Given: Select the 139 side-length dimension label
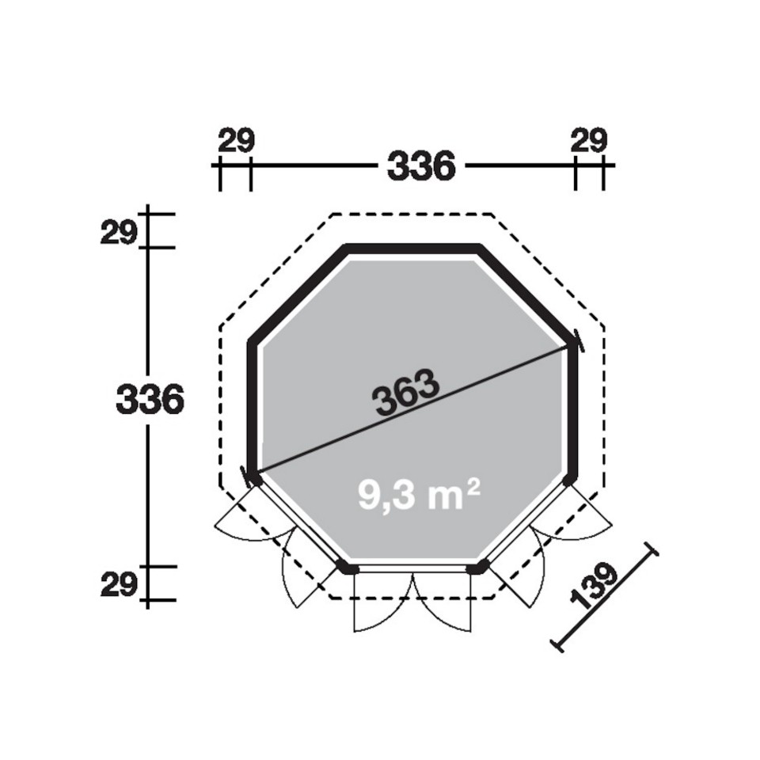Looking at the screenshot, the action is coord(594,586).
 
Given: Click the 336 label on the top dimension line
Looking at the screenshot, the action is coord(421,165).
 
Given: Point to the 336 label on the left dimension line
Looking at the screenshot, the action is coord(150,399).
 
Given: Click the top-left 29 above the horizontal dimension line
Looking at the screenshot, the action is coord(236,141).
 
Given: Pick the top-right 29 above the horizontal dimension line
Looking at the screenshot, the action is coord(589,141).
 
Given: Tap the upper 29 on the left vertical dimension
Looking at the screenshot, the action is coord(118,234).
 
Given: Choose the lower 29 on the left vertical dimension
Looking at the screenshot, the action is coord(118,584).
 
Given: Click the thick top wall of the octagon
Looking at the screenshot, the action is coord(412,248).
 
